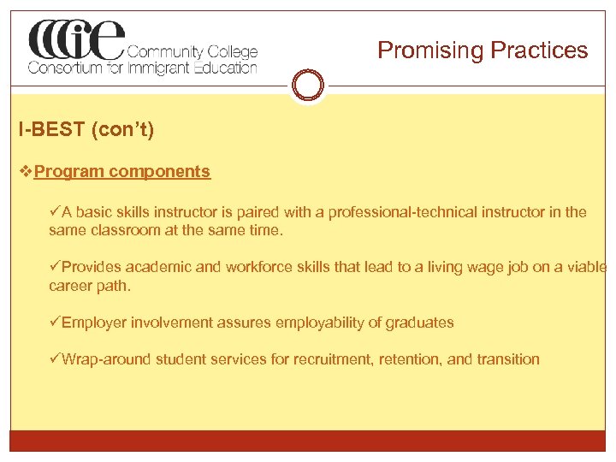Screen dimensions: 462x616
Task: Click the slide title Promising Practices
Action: [483, 50]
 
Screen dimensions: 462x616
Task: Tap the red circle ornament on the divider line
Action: [308, 86]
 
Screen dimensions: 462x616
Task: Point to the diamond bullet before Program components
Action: [25, 171]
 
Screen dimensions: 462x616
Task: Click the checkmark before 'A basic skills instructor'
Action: [55, 212]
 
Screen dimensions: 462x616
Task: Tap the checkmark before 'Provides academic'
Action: [55, 267]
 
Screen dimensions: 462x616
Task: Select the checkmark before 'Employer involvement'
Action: [55, 323]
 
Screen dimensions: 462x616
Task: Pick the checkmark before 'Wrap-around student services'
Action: [55, 359]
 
